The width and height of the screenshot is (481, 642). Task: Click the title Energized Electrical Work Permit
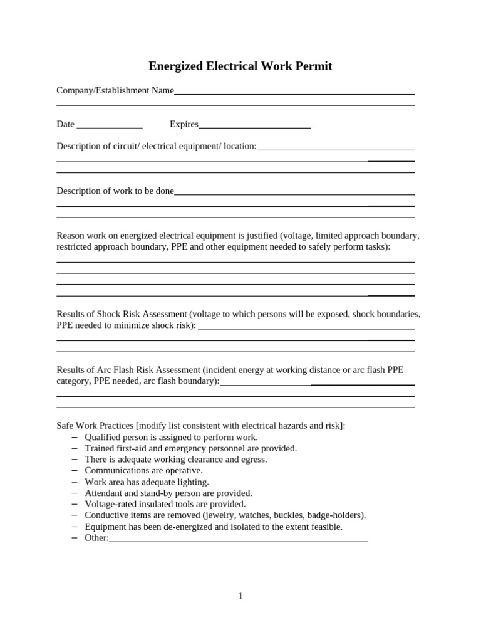tap(240, 66)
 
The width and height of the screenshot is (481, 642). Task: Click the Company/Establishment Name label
tap(115, 90)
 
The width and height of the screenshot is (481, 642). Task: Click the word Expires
tap(184, 124)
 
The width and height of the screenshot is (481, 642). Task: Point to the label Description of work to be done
tap(115, 191)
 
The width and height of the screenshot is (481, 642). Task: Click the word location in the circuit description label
tap(239, 146)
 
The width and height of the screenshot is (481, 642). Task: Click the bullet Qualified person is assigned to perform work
tap(171, 437)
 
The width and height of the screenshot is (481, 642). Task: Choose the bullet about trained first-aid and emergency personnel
tap(190, 448)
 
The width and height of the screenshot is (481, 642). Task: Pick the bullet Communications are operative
tap(143, 470)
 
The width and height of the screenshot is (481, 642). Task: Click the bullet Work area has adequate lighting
tap(147, 482)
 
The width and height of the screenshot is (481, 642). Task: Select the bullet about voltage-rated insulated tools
tap(165, 504)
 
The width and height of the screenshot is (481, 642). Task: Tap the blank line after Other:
tap(238, 539)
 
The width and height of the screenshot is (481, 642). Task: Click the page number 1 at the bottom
tap(240, 596)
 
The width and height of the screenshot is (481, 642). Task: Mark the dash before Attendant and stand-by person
tap(75, 493)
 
